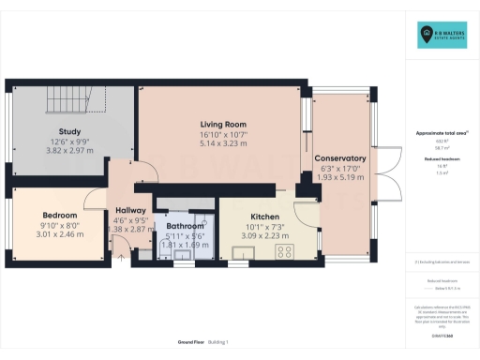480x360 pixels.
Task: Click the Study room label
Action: [69, 131]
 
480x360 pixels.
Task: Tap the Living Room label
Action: [222, 124]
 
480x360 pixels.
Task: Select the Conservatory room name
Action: [339, 157]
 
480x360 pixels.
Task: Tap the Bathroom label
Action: [185, 226]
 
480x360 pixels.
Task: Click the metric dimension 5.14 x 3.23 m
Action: [222, 144]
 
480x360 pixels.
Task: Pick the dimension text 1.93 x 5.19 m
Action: [339, 177]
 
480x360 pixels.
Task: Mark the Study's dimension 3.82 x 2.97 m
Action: [69, 151]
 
